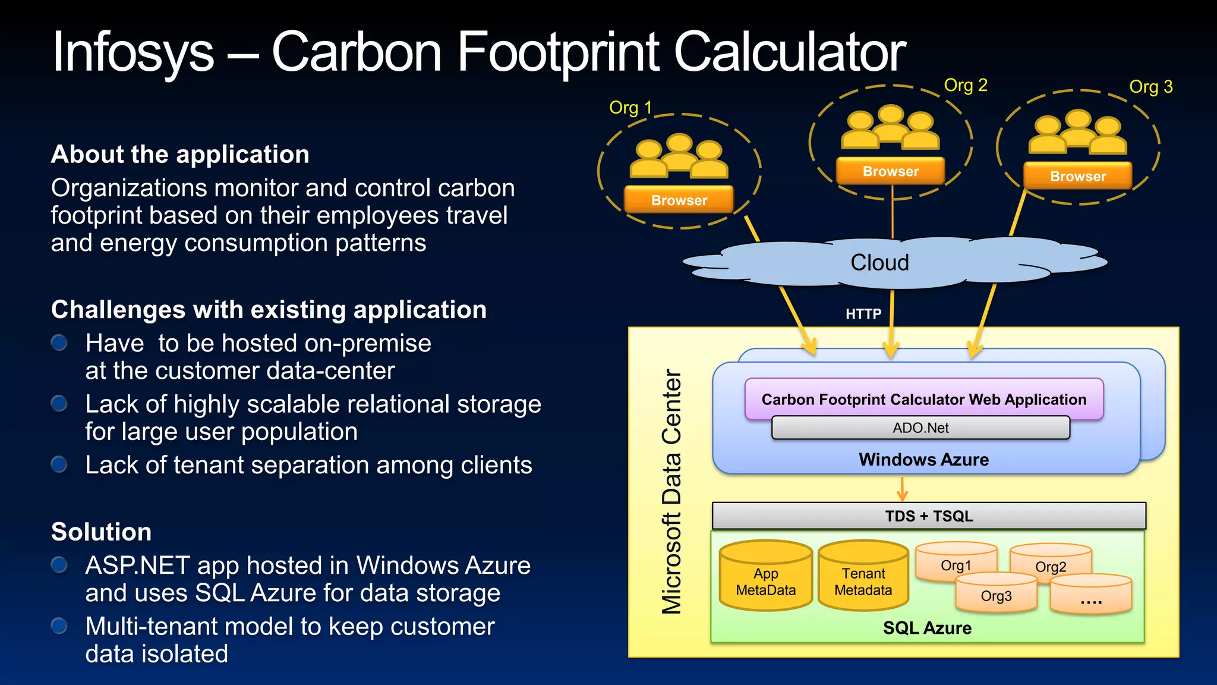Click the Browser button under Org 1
tap(679, 200)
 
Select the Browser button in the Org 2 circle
tap(890, 171)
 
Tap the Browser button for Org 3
tap(1077, 176)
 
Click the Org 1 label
tap(630, 108)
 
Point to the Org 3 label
tap(1150, 87)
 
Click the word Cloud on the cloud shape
tap(879, 262)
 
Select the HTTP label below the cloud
tap(863, 313)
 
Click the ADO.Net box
tap(920, 428)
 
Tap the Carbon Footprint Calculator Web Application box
tap(923, 399)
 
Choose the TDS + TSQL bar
tap(929, 516)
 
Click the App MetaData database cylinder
tap(765, 577)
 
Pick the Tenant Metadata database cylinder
tap(863, 577)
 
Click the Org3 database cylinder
tap(996, 593)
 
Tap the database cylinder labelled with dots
tap(1091, 595)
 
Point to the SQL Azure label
tap(927, 627)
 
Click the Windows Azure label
tap(923, 459)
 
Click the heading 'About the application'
tap(180, 154)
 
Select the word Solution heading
tap(101, 532)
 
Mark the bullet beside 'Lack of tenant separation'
tap(59, 464)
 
